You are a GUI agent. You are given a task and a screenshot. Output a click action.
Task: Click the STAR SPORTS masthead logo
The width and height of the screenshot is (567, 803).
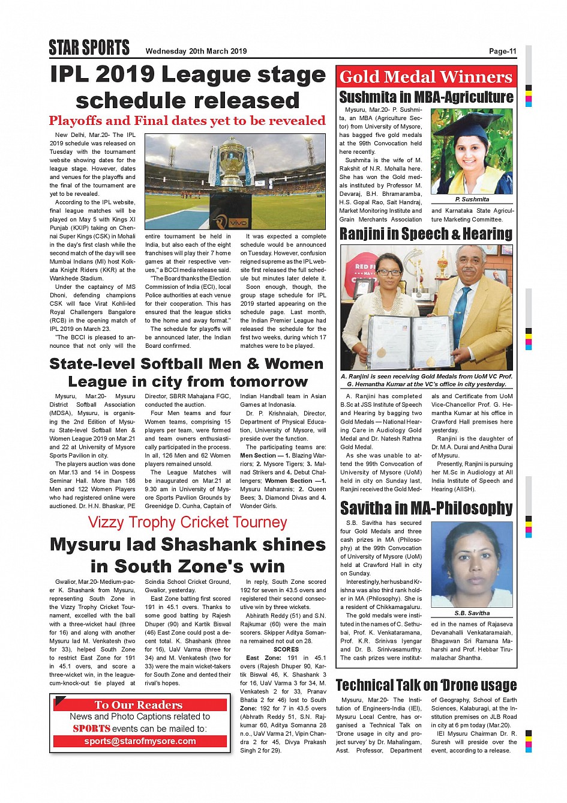pos(89,47)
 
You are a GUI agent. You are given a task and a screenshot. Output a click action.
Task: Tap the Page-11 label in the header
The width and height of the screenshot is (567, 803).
pos(502,52)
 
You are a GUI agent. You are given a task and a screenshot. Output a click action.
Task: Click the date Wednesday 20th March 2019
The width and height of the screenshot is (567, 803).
pos(196,52)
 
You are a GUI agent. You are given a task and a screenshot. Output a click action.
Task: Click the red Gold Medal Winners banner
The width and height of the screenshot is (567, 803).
pos(426,77)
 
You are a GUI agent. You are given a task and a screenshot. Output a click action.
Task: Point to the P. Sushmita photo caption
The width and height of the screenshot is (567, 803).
pos(472,199)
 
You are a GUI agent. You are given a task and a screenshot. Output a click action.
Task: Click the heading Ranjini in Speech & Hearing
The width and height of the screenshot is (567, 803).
pos(426,234)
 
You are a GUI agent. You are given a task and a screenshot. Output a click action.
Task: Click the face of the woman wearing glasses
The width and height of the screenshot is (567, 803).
pos(389,276)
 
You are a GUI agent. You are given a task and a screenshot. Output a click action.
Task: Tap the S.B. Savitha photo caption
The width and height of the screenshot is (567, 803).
pos(472,613)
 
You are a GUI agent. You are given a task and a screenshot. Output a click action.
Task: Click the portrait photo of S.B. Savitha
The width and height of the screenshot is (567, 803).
pos(472,565)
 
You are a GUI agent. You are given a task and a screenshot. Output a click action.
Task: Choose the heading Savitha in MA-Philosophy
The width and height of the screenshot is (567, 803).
pos(426,509)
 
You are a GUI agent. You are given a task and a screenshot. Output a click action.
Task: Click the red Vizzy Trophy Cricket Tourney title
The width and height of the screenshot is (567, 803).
pos(187,523)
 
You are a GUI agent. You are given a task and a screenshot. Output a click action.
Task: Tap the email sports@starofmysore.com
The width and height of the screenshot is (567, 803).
pos(140,741)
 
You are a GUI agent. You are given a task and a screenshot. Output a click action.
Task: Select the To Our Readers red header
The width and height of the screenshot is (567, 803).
pos(139,705)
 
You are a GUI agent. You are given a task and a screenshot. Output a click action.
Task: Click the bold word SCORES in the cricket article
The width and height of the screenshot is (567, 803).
pos(286,649)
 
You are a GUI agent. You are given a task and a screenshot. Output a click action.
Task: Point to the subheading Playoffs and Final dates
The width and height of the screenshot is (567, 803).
pos(187,121)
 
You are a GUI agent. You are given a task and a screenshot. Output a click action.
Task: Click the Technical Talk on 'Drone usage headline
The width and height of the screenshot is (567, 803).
pos(426,685)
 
